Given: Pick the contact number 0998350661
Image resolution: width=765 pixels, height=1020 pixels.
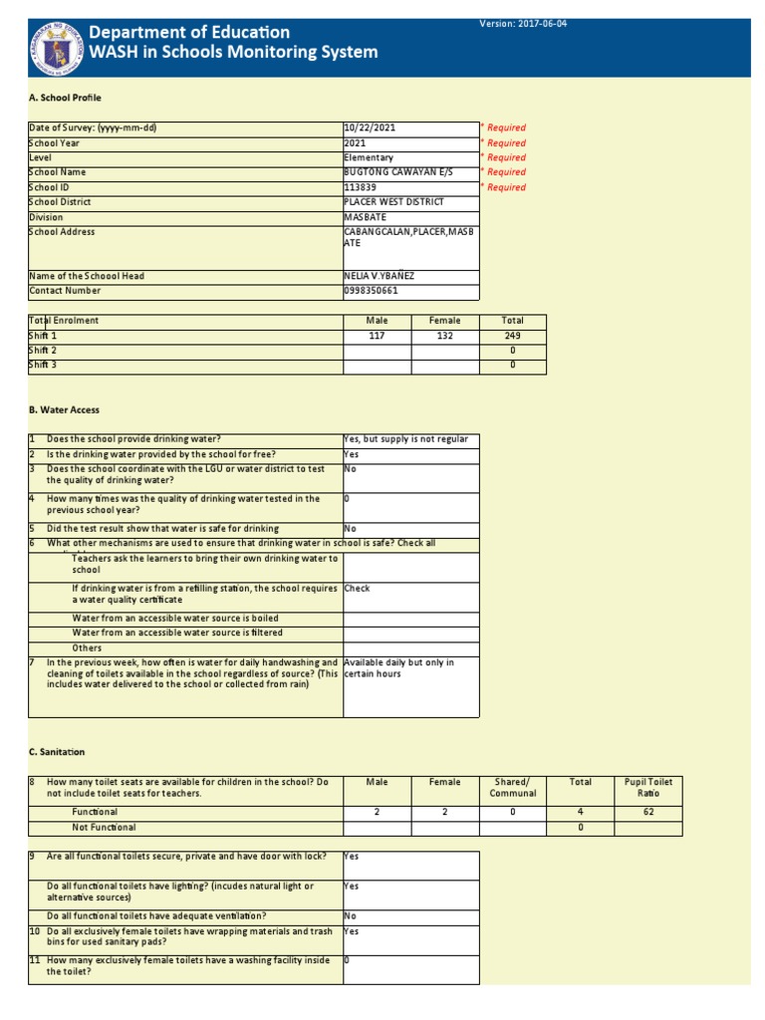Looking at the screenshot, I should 371,292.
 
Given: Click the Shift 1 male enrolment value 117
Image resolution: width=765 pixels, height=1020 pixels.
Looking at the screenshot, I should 377,337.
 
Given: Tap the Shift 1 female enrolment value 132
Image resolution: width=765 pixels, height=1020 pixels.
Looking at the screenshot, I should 444,337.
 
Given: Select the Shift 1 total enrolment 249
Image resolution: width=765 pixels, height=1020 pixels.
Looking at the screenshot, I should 512,337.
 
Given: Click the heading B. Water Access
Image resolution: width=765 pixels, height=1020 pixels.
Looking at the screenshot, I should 64,409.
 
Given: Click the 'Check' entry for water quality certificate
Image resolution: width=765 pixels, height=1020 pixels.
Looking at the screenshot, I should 357,589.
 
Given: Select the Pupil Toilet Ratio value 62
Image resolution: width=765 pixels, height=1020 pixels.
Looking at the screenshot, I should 647,813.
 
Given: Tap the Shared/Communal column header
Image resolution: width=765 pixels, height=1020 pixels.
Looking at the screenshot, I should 512,788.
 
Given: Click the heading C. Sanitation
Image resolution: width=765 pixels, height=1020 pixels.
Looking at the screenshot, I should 57,752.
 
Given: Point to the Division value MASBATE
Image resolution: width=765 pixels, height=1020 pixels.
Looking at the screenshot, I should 366,217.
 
